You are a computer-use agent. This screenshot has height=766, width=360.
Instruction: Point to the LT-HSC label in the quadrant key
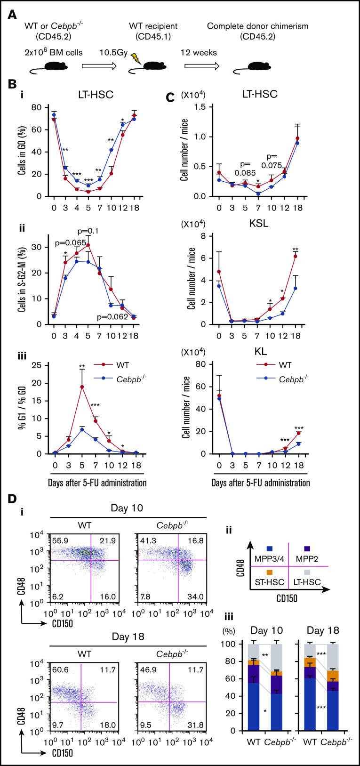(307, 582)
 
